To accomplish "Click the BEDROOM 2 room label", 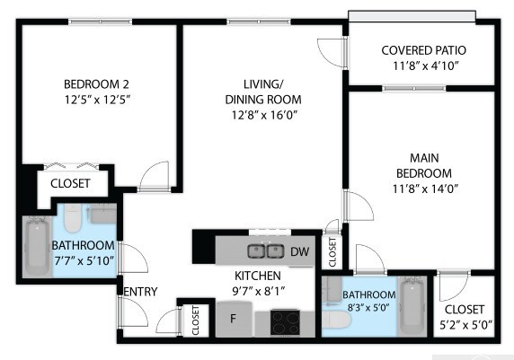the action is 96,84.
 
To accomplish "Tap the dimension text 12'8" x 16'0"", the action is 264,115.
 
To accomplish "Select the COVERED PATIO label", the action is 423,50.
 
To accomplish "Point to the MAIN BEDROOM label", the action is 424,165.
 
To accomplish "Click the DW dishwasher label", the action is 299,251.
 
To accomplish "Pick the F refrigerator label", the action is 233,318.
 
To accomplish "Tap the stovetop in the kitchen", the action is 285,322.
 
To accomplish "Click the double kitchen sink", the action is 265,251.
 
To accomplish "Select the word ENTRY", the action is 140,292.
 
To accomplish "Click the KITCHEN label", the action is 258,276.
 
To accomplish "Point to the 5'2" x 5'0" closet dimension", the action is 465,325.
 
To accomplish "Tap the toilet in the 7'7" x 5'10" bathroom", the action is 72,218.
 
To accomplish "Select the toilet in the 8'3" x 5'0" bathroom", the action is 336,320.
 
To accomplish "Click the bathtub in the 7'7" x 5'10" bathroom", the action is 37,246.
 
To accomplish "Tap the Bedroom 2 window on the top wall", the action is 101,22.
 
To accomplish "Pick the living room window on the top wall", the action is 259,22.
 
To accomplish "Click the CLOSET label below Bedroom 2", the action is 70,183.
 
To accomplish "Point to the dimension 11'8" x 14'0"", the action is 425,189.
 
